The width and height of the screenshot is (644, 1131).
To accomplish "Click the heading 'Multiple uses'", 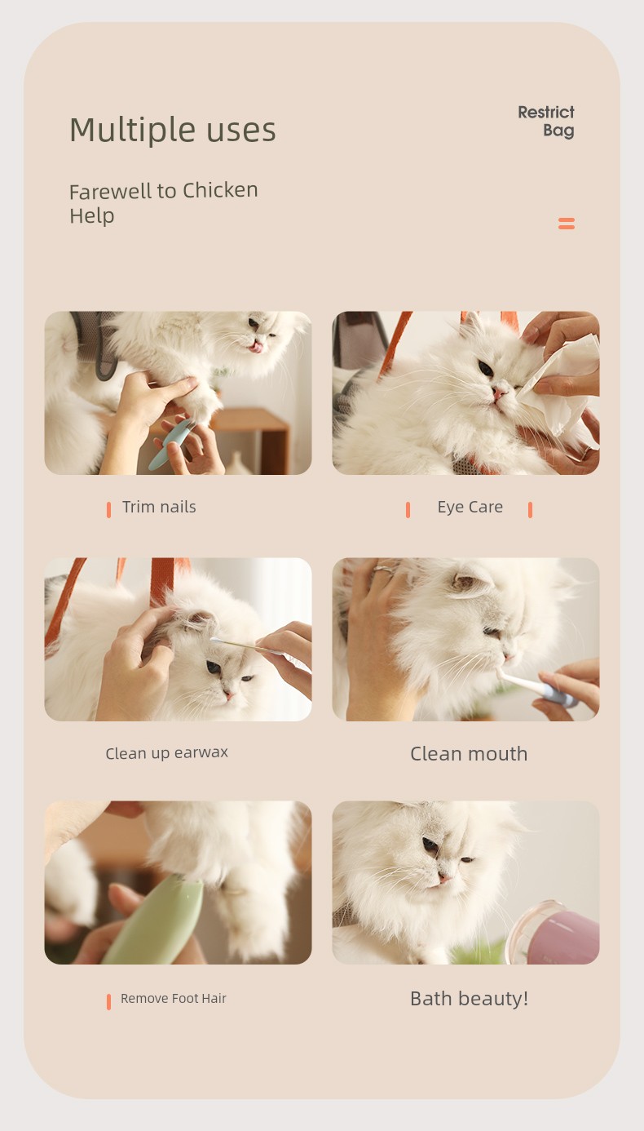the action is [x=173, y=131].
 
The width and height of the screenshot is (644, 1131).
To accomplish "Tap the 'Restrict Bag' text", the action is [x=546, y=121].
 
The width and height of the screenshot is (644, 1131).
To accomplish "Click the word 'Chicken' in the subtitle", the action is [x=220, y=190].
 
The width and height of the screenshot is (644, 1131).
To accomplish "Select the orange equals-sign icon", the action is [x=567, y=223].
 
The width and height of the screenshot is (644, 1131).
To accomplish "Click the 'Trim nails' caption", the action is [x=159, y=507].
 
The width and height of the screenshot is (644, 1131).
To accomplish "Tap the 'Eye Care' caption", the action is [x=470, y=507].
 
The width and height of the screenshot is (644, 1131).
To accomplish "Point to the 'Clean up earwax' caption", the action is [x=167, y=753].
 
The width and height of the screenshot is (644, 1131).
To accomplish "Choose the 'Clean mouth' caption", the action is [x=469, y=754].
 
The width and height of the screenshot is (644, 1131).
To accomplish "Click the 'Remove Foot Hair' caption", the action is [x=174, y=998].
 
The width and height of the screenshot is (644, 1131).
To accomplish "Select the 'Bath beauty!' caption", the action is [x=469, y=999].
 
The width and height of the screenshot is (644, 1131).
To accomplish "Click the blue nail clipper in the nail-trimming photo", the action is [x=170, y=444].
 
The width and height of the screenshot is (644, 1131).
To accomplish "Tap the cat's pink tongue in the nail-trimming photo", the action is [x=257, y=347].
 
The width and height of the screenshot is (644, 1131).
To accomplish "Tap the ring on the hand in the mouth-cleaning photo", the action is [x=384, y=570].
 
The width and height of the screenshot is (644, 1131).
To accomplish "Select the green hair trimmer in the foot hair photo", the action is [x=154, y=920].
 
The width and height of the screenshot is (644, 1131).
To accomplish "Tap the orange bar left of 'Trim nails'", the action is [x=108, y=510].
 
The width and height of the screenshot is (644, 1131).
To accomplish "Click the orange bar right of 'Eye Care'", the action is [x=530, y=510].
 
